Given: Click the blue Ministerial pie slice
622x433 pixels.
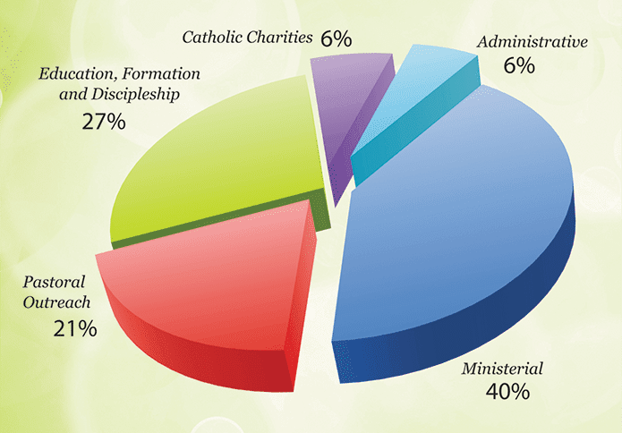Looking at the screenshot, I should click(456, 215).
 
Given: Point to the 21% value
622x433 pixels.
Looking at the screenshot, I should click(74, 328).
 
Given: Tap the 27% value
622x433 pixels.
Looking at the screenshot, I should click(102, 121).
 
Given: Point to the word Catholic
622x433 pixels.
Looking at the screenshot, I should click(213, 38).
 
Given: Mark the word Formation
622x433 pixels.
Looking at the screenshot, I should click(158, 73).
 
